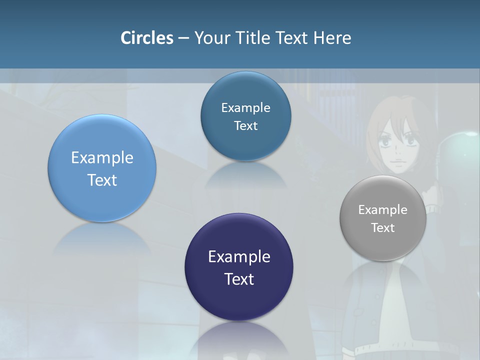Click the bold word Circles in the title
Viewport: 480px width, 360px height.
pyautogui.click(x=147, y=38)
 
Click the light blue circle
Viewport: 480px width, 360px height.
pyautogui.click(x=102, y=168)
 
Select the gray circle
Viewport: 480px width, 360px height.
pyautogui.click(x=383, y=218)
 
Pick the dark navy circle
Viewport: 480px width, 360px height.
pyautogui.click(x=239, y=267)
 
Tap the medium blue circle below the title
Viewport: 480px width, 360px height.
pyautogui.click(x=245, y=116)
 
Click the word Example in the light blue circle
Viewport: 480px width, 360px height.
pyautogui.click(x=102, y=158)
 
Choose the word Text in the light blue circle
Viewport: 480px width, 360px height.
pyautogui.click(x=102, y=180)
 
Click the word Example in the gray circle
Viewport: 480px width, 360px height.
pyautogui.click(x=383, y=210)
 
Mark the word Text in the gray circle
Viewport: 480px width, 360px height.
pyautogui.click(x=383, y=228)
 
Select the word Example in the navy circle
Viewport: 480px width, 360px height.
pyautogui.click(x=239, y=257)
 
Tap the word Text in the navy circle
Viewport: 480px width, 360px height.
pyautogui.click(x=239, y=279)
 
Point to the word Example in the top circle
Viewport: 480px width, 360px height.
pyautogui.click(x=245, y=108)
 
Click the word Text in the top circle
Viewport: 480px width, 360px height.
pyautogui.click(x=245, y=126)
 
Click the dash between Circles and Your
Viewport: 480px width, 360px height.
pyautogui.click(x=183, y=38)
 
